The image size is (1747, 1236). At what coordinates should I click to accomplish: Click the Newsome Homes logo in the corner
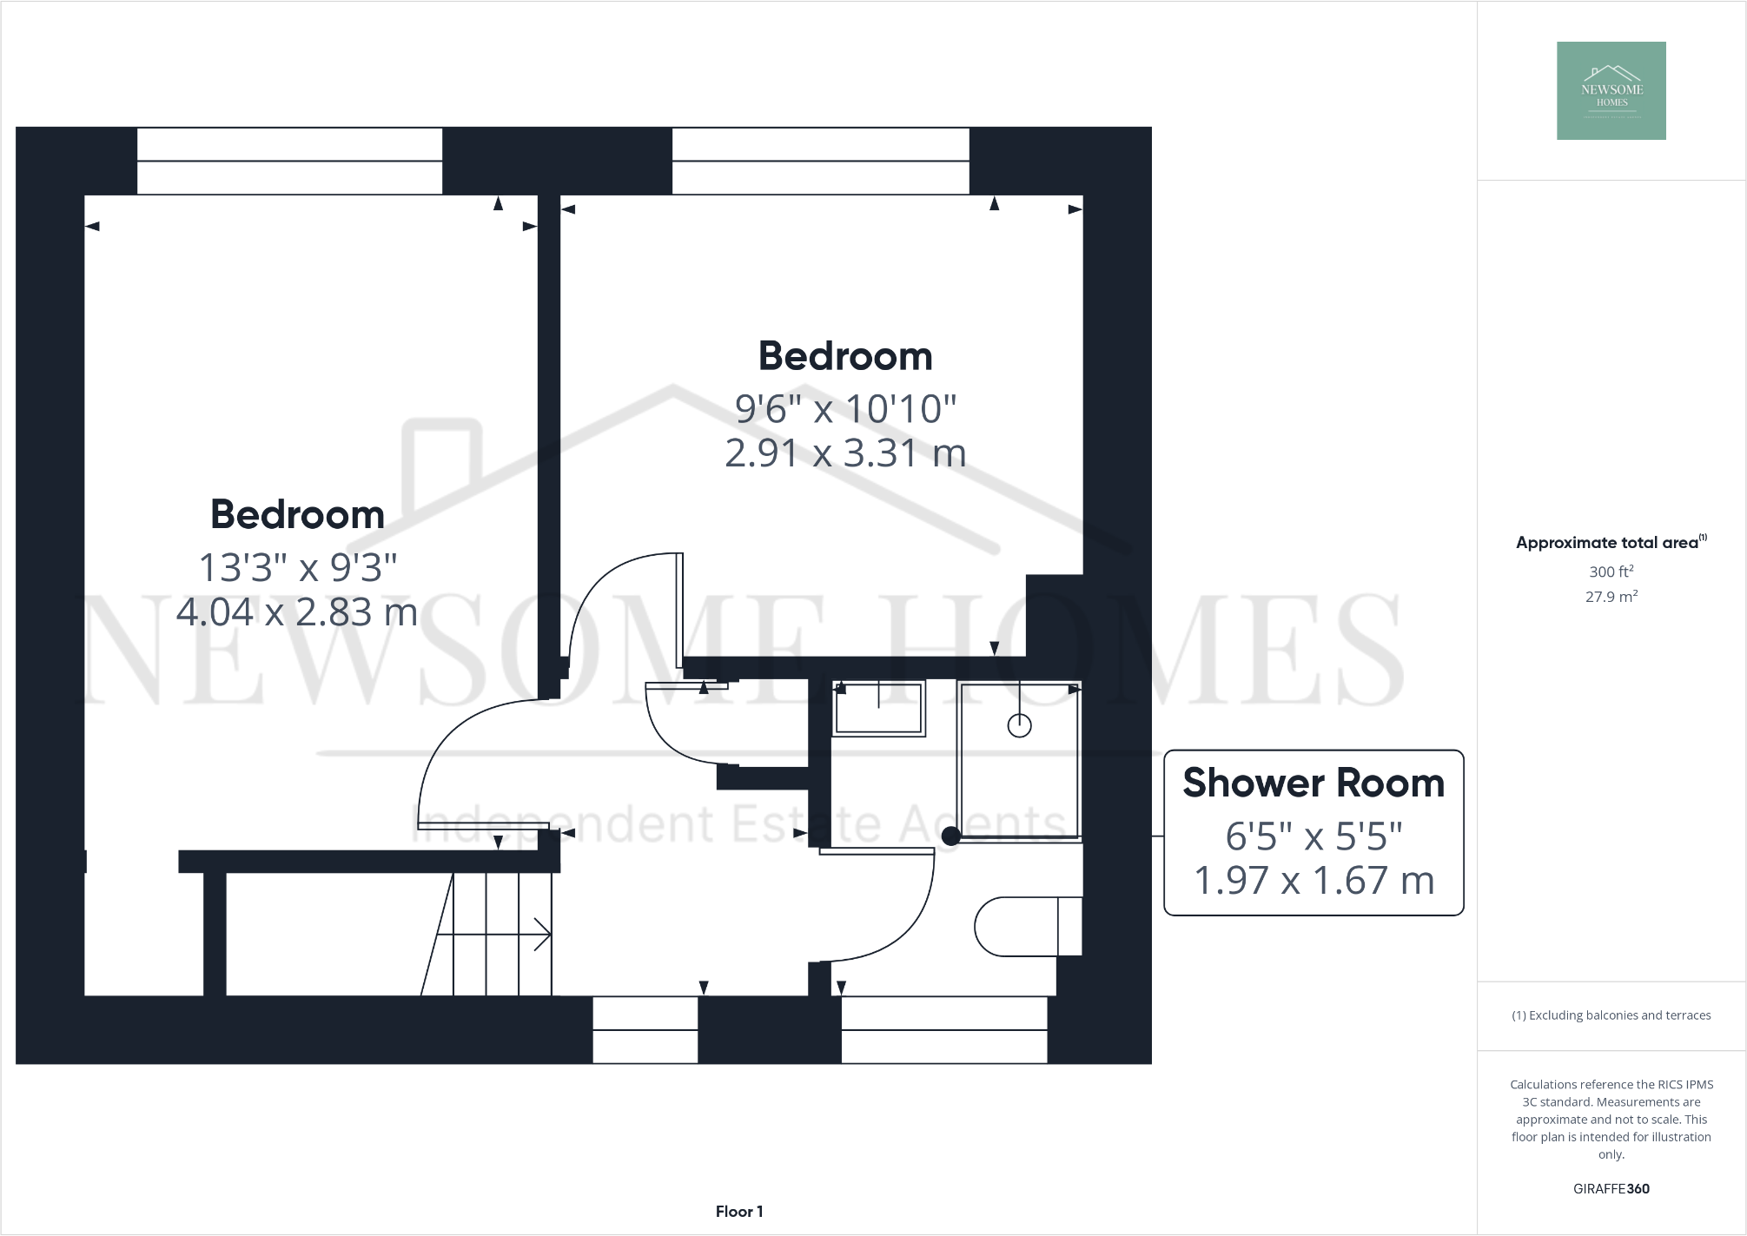(1611, 90)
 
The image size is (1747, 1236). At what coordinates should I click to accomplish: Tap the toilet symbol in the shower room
(1028, 927)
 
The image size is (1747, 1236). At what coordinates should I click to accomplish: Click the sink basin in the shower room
(877, 709)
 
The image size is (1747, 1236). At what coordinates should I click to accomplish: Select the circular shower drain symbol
(1019, 725)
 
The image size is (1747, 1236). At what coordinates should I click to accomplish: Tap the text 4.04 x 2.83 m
(297, 612)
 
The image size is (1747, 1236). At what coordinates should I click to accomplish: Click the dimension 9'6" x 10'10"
(845, 408)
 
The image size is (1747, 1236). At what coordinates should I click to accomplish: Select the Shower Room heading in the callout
(1313, 783)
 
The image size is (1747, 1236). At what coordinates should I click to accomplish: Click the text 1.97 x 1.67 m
(1314, 881)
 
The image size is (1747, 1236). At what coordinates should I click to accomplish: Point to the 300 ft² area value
(1611, 572)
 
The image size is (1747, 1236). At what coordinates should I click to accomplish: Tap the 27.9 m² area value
(1611, 597)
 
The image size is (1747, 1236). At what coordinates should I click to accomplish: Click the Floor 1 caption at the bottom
(739, 1212)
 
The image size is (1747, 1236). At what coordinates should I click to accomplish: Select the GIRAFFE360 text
(1611, 1189)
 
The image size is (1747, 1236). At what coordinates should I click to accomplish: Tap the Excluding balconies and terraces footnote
(1611, 1015)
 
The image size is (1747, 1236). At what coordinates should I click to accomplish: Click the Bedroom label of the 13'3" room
(297, 514)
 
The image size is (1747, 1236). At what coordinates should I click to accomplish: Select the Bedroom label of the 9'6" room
(845, 356)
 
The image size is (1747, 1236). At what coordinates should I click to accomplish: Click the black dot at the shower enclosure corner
(951, 836)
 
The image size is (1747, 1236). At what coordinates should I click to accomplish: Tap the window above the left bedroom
(289, 162)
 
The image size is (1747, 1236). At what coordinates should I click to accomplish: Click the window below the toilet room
(944, 1030)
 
